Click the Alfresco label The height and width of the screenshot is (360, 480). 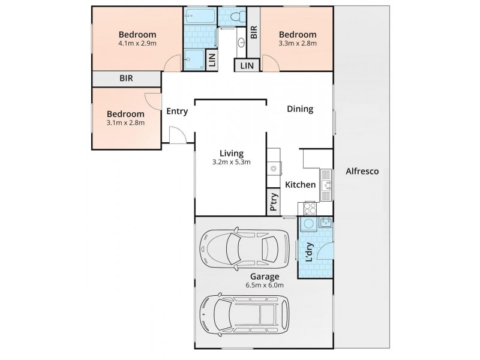tap(363, 171)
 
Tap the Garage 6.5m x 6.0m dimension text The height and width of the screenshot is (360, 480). tap(265, 285)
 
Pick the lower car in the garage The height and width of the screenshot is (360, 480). tap(244, 316)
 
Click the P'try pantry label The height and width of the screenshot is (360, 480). tap(274, 203)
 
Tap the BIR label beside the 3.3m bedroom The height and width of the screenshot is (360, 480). tap(254, 32)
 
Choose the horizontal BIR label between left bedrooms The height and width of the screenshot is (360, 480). tap(126, 79)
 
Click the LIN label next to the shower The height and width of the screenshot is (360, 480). tap(211, 58)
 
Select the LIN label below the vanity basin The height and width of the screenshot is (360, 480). tap(247, 66)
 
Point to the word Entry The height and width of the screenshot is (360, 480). tap(177, 111)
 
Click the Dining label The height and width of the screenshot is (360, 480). tap(300, 109)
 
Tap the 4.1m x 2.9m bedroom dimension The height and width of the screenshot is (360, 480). tap(137, 43)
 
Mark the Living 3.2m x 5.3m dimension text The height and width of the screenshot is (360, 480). tap(230, 162)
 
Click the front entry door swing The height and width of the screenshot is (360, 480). tap(178, 137)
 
